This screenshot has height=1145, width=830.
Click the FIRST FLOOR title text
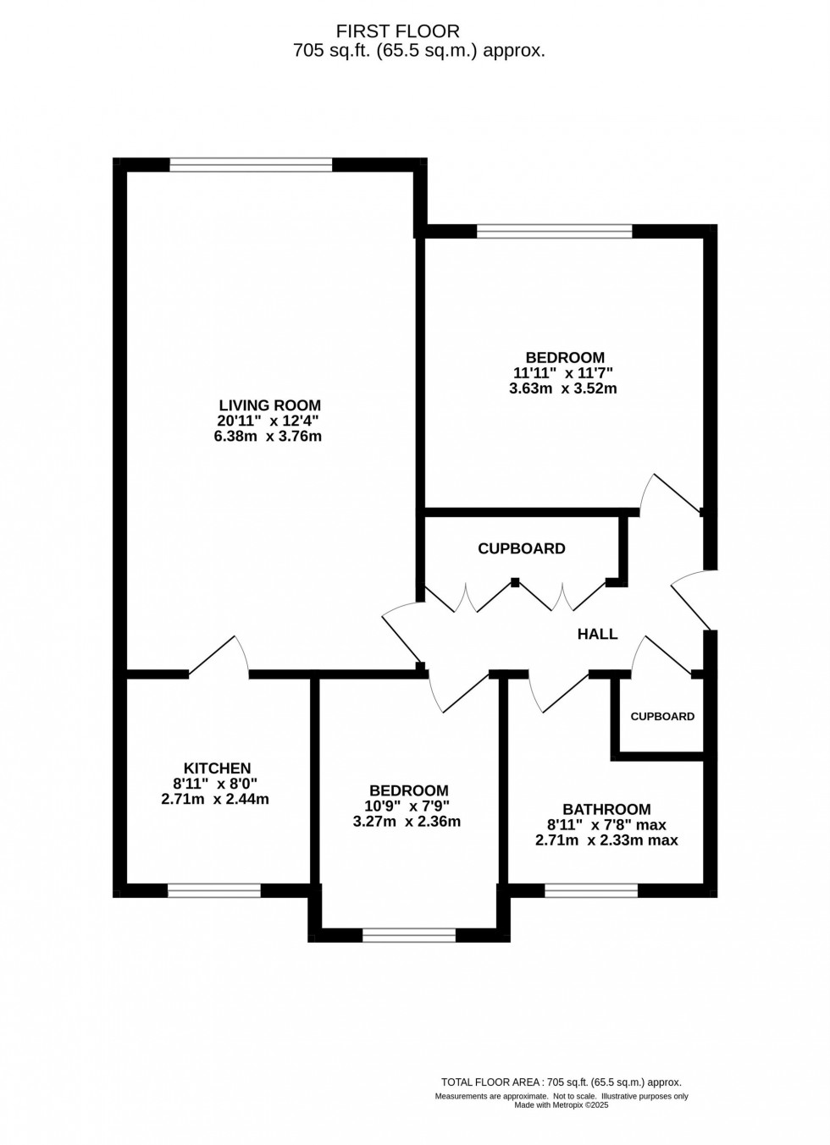pos(398,31)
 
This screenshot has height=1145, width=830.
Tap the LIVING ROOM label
pos(269,405)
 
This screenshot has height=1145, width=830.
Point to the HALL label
pos(597,634)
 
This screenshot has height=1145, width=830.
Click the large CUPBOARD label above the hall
pos(521,548)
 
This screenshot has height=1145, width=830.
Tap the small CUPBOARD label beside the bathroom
pos(662,716)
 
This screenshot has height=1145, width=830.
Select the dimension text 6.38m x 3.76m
pos(269,437)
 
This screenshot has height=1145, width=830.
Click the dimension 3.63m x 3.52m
pos(562,389)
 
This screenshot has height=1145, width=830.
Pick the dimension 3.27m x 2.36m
pos(407,821)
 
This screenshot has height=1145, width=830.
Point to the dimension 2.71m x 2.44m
pos(215,798)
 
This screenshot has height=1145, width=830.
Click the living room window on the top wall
pos(251,165)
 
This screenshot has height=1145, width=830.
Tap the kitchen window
pos(214,890)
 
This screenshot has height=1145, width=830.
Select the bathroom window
pos(591,890)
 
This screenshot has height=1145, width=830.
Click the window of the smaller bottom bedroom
pos(409,935)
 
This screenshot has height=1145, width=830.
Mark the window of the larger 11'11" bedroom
pos(555,231)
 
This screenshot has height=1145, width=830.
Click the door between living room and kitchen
pos(218,657)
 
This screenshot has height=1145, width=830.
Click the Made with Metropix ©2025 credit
pos(562,1104)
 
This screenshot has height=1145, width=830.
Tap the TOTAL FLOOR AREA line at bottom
pos(562,1082)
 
